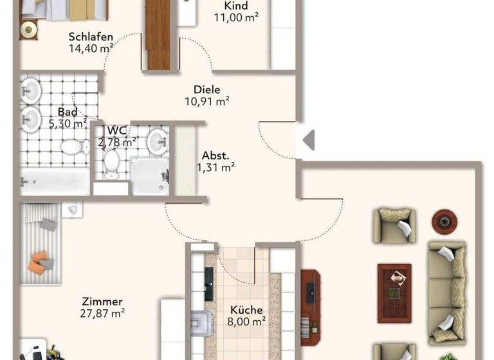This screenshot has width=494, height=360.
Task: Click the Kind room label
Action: click(x=235, y=6)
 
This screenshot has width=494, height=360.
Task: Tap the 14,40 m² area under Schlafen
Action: click(x=91, y=47)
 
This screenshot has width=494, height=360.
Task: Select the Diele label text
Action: click(x=207, y=90)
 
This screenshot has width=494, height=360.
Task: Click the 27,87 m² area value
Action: click(x=103, y=313)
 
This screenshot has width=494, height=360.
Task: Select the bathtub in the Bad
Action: click(x=55, y=181)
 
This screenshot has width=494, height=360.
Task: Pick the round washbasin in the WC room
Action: click(x=156, y=141)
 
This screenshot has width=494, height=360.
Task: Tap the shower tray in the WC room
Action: click(x=149, y=175)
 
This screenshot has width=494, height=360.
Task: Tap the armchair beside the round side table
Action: click(x=394, y=225)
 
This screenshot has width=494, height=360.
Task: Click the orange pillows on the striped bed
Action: click(x=40, y=260)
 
